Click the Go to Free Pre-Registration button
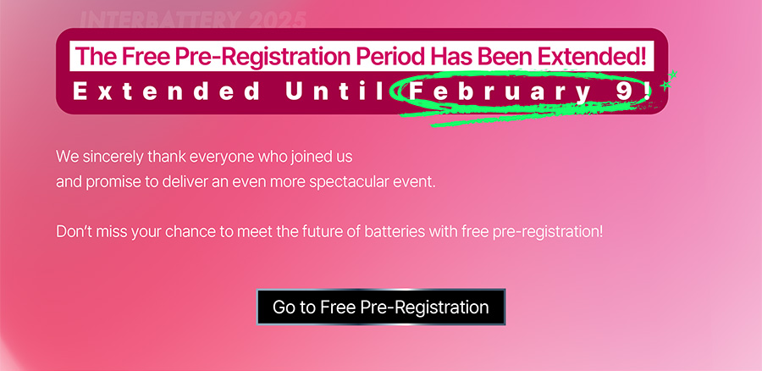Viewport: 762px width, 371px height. pos(381,307)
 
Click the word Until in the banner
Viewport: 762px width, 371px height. pos(338,91)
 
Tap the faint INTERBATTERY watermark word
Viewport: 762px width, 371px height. pos(160,20)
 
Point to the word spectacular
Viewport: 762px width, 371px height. pos(350,182)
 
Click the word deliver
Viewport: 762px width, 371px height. pos(185,182)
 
